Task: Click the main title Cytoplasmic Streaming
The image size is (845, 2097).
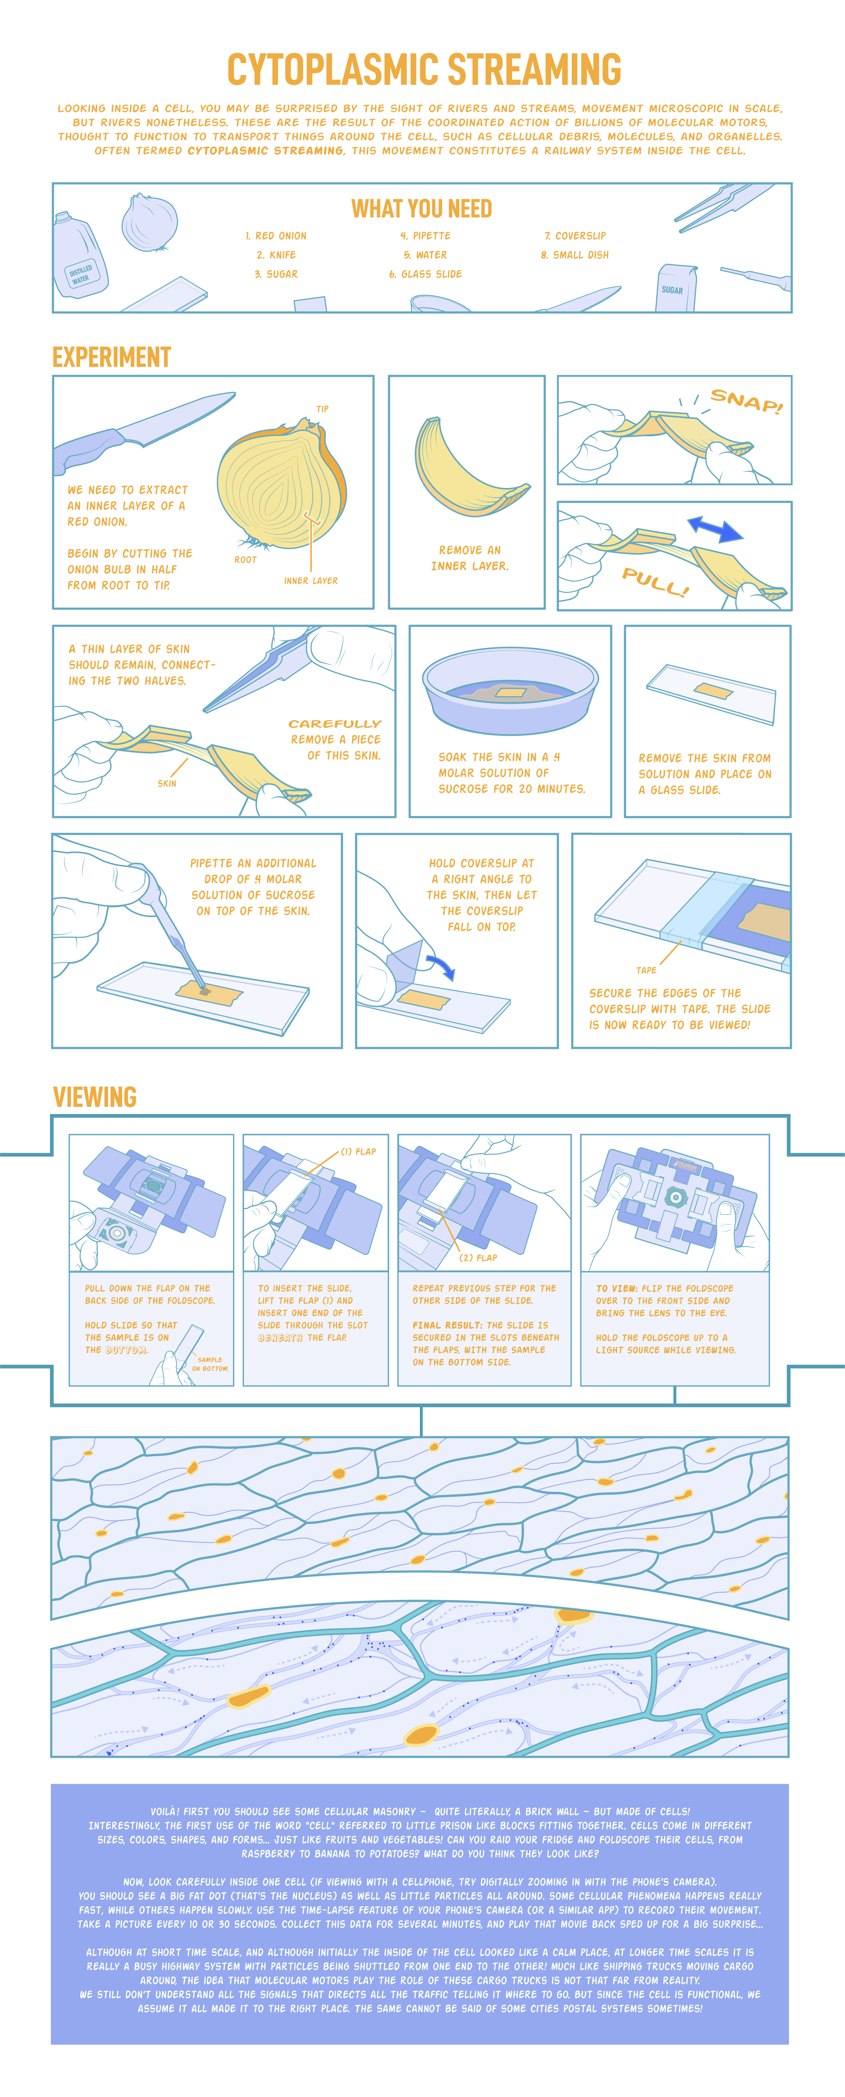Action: tap(423, 69)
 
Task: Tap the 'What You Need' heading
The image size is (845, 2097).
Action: tap(422, 209)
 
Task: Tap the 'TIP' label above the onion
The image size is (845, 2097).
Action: tap(322, 408)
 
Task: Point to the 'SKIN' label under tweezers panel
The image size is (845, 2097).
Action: tap(167, 783)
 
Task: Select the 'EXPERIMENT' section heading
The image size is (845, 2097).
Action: tap(112, 357)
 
